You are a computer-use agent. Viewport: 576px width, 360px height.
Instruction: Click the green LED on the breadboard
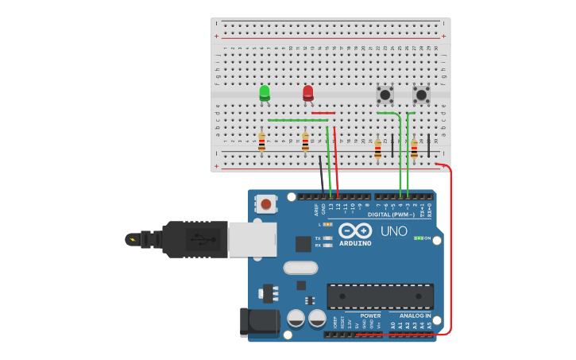click(265, 92)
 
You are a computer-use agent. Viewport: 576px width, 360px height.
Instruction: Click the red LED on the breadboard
click(308, 92)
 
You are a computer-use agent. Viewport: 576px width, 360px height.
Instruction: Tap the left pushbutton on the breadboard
click(385, 95)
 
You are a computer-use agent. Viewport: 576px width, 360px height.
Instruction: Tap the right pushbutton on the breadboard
click(421, 95)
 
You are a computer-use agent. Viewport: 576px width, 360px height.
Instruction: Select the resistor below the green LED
click(261, 143)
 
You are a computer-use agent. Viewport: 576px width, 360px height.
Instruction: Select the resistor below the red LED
click(305, 143)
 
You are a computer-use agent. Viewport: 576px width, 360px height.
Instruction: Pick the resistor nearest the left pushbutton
click(377, 149)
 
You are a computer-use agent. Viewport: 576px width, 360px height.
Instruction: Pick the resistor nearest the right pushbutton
click(414, 149)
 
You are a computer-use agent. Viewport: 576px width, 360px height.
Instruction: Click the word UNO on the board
click(393, 231)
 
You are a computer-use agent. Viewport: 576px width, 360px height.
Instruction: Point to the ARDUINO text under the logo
click(355, 243)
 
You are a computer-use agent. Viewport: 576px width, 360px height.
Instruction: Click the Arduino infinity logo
click(355, 230)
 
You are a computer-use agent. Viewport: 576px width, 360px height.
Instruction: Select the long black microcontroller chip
click(380, 296)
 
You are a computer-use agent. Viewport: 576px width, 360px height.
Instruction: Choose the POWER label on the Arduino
click(370, 315)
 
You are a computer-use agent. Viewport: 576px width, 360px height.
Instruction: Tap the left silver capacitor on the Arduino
click(296, 319)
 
